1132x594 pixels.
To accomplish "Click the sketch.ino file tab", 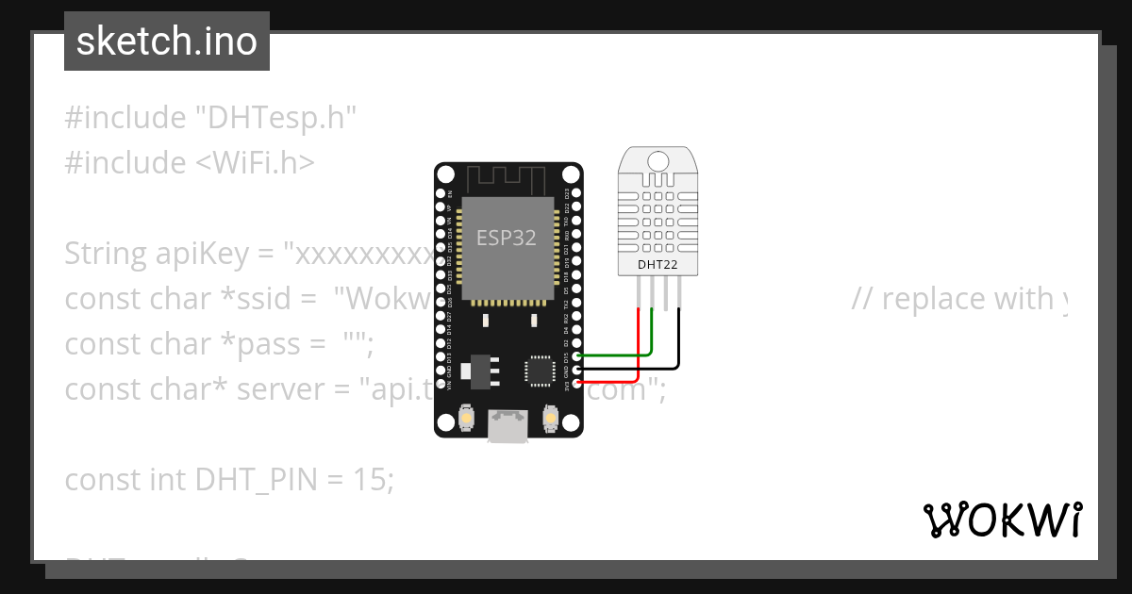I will [x=167, y=41].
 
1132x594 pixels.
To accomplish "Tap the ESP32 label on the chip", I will [x=506, y=238].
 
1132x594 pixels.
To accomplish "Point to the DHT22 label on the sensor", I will [x=658, y=264].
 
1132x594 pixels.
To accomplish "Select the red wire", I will [x=613, y=381].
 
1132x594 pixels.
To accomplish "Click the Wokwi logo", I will [x=1002, y=520].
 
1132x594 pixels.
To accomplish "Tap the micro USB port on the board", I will [x=508, y=427].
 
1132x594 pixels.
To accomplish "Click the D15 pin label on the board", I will [x=567, y=357].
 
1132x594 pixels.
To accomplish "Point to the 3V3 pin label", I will [x=567, y=385].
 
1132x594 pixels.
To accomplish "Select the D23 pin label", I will [x=567, y=193].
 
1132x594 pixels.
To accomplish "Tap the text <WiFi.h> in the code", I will [x=255, y=163].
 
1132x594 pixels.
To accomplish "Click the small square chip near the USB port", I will [x=541, y=370].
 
